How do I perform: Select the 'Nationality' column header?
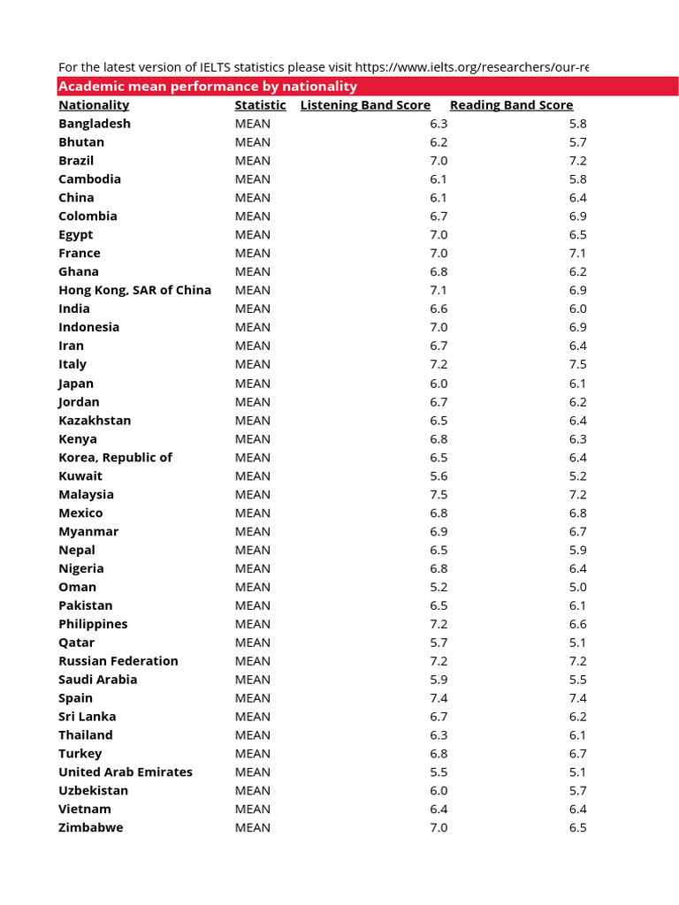pos(94,105)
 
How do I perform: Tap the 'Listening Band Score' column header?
pos(365,105)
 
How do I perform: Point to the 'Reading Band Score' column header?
pos(511,105)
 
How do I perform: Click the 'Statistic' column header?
pos(260,105)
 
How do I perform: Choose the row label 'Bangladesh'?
pos(95,124)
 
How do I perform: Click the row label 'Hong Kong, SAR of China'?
pos(135,290)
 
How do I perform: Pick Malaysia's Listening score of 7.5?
pos(439,494)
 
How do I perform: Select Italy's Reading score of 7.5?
pos(577,364)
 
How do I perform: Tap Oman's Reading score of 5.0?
pos(577,587)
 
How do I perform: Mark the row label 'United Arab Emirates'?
pos(126,772)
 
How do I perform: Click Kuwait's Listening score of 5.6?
pos(439,475)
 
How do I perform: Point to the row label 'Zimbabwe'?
pos(91,827)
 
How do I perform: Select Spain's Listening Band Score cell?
pos(439,698)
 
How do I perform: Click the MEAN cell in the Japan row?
pos(253,384)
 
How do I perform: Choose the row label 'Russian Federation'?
pos(118,661)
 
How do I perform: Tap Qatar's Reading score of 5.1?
pos(577,643)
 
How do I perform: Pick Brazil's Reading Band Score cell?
pos(577,161)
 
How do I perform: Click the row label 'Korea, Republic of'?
pos(116,457)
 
